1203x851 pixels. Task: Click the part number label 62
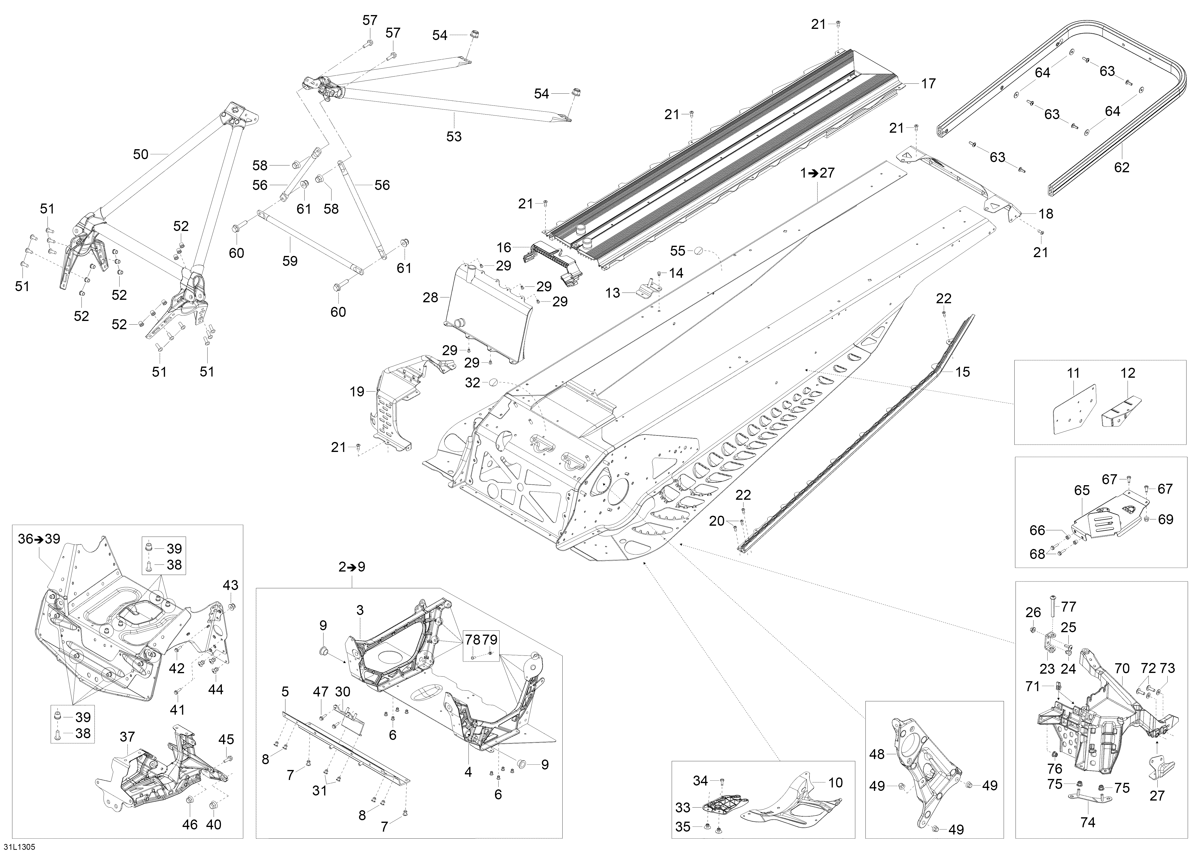tap(1122, 168)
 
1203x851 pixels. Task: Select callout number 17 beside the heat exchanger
tap(928, 83)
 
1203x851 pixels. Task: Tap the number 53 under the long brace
tap(454, 137)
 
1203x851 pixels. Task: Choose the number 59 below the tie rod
tap(290, 261)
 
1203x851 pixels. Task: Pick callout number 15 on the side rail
tap(962, 372)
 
